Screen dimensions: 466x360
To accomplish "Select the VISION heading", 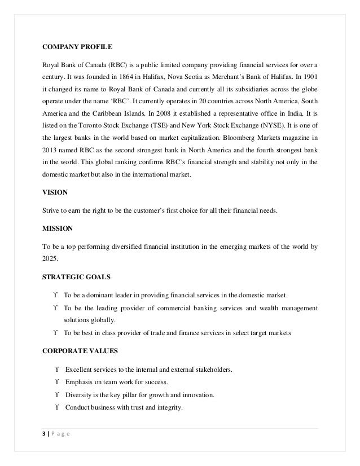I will tap(55, 192).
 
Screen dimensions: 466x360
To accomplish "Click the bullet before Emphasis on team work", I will tap(57, 382).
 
